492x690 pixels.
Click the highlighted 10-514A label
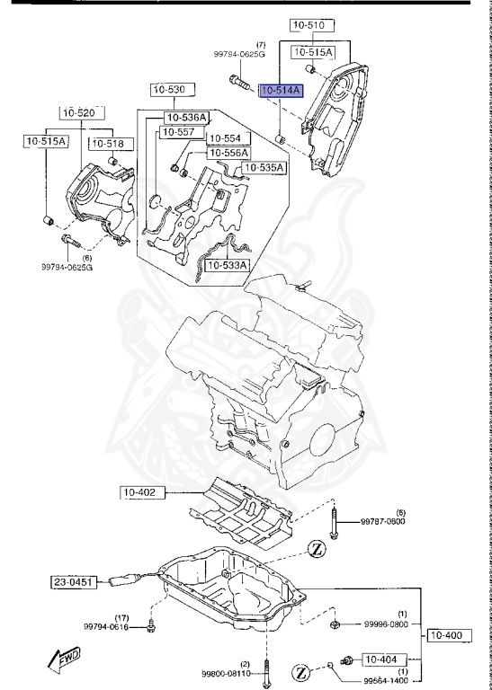coord(282,90)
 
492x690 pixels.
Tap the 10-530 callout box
coord(168,90)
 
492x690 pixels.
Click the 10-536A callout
coord(186,118)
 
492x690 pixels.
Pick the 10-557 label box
coord(177,133)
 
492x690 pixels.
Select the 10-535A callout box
coord(263,168)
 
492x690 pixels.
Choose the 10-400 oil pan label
coord(445,635)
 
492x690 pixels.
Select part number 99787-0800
coord(384,521)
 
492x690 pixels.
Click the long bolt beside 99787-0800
coord(334,522)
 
